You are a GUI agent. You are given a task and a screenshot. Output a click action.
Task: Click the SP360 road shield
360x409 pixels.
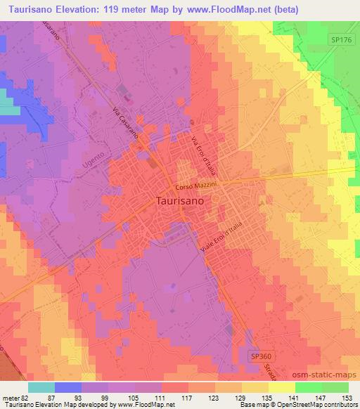[260, 357]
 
